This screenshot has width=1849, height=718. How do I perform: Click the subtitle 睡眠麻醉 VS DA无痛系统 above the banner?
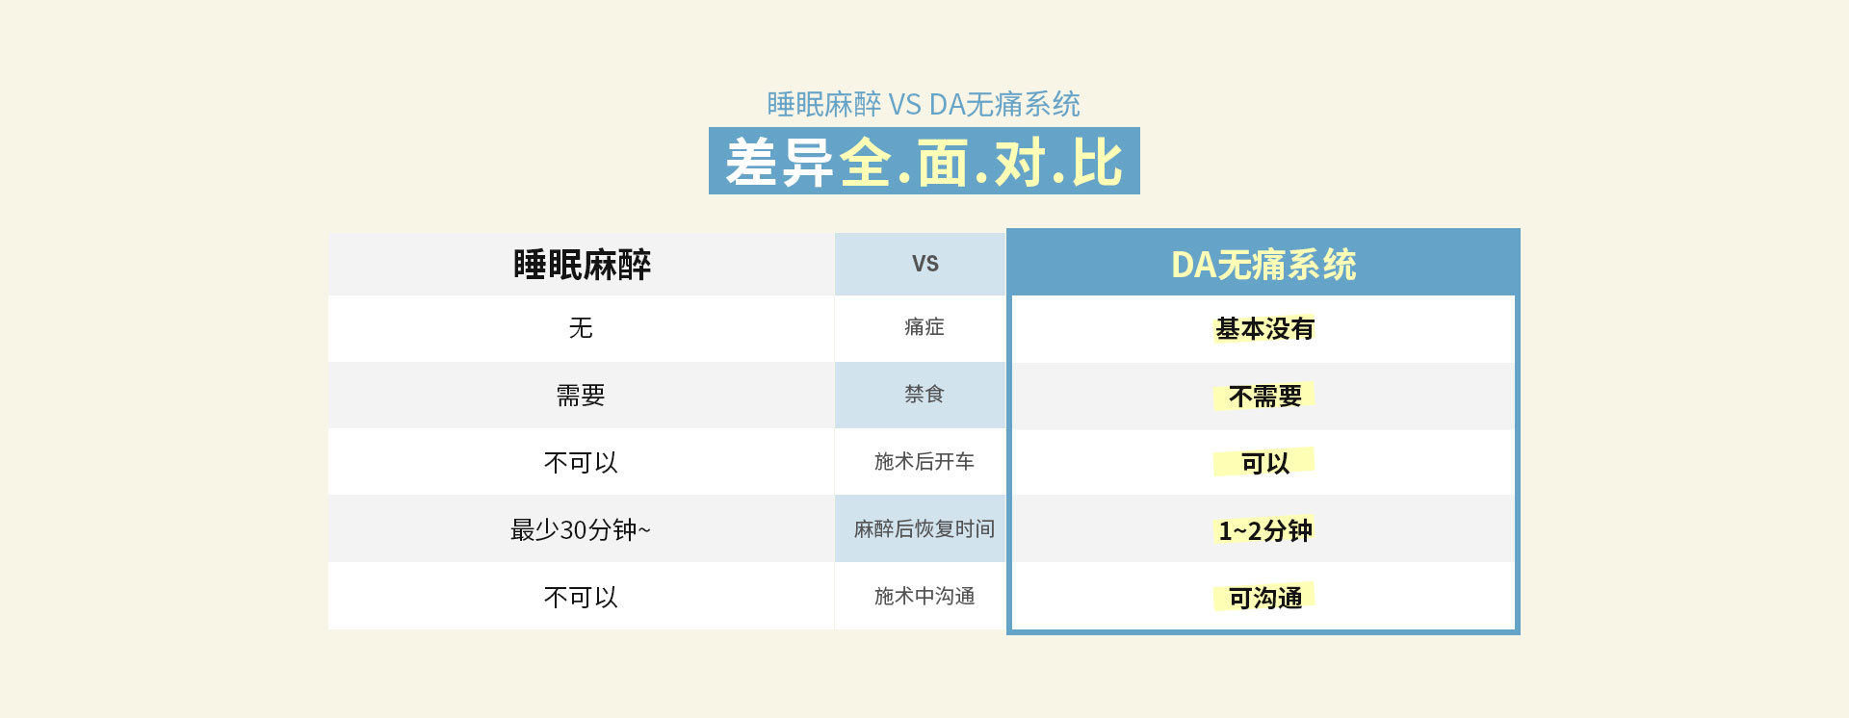(x=924, y=104)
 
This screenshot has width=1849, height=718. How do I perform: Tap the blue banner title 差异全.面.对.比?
(x=924, y=162)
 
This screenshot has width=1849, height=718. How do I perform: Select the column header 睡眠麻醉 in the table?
(x=582, y=265)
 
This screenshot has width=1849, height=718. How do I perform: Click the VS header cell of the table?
(x=924, y=264)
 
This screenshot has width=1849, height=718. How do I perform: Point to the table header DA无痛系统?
(x=1263, y=265)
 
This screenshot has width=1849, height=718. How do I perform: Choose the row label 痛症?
(x=924, y=327)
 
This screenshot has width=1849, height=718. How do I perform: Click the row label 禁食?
(x=924, y=394)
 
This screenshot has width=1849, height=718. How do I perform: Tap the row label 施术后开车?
(x=924, y=461)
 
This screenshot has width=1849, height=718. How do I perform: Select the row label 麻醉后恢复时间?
(x=924, y=528)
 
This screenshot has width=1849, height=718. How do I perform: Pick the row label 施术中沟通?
(x=924, y=596)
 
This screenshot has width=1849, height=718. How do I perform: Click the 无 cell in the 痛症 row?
(x=581, y=328)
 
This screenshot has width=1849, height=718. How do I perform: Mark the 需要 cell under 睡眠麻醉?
(x=581, y=396)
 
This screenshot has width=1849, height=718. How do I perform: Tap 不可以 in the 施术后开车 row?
(x=581, y=463)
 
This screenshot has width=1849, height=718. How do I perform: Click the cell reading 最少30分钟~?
(x=581, y=530)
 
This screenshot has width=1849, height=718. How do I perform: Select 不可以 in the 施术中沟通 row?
(x=581, y=598)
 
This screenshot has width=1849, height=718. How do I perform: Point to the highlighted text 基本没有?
(x=1264, y=329)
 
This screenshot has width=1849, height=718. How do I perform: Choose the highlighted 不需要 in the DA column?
(x=1264, y=397)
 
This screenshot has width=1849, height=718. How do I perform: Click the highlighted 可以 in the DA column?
(x=1264, y=464)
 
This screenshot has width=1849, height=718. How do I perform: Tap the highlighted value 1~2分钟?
(x=1264, y=531)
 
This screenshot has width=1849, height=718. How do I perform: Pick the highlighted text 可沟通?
(x=1264, y=599)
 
